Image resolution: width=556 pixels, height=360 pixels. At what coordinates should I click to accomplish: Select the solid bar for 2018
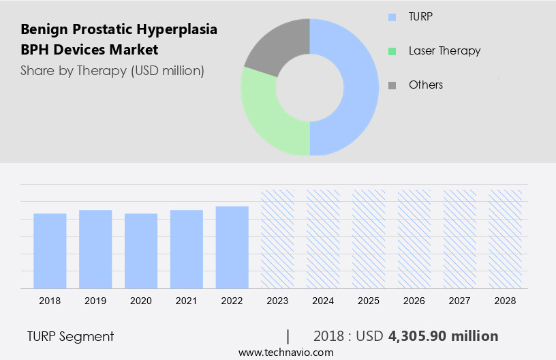point(50,251)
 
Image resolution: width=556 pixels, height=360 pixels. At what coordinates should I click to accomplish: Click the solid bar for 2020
point(141,251)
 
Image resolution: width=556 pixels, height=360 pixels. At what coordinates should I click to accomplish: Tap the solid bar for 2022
point(232,247)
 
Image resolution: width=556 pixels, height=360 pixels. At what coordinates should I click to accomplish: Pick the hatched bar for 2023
point(278,239)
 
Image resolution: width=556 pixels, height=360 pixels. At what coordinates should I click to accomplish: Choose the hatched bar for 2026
point(415,239)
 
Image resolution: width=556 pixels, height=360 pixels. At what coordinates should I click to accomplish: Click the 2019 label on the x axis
point(95,301)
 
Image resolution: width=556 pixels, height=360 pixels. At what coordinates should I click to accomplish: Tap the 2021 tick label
point(187,301)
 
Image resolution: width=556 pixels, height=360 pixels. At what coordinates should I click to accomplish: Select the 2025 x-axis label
point(369,301)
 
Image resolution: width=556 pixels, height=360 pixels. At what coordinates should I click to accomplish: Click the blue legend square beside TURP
point(392,17)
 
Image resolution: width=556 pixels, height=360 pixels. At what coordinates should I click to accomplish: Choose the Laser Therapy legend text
point(444,50)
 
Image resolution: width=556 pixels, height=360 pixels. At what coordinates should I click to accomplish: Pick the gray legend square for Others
point(392,85)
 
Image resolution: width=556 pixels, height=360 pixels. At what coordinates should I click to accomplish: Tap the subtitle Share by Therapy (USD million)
point(112,70)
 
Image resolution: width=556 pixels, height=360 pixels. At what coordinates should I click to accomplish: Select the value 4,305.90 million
point(443,336)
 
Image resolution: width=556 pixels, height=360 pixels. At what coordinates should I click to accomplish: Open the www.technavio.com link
point(285,352)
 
